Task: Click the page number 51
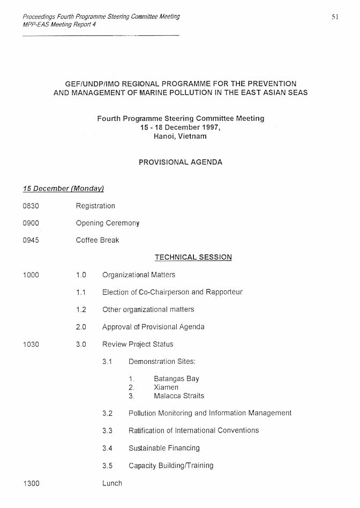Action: (335, 17)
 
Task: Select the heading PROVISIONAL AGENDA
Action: (180, 162)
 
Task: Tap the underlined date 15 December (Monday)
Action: (63, 188)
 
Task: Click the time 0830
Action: (31, 206)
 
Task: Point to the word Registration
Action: (95, 206)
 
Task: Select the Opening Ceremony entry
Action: (107, 223)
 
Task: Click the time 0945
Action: (31, 240)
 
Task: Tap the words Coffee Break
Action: (97, 240)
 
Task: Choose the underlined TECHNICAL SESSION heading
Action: (193, 257)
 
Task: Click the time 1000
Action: (31, 275)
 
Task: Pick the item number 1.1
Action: (81, 292)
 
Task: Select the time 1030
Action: (31, 344)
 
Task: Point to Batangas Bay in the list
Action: (176, 379)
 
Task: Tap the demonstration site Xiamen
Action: (166, 388)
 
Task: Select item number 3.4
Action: (107, 448)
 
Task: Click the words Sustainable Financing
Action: (164, 448)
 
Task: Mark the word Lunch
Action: (112, 483)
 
